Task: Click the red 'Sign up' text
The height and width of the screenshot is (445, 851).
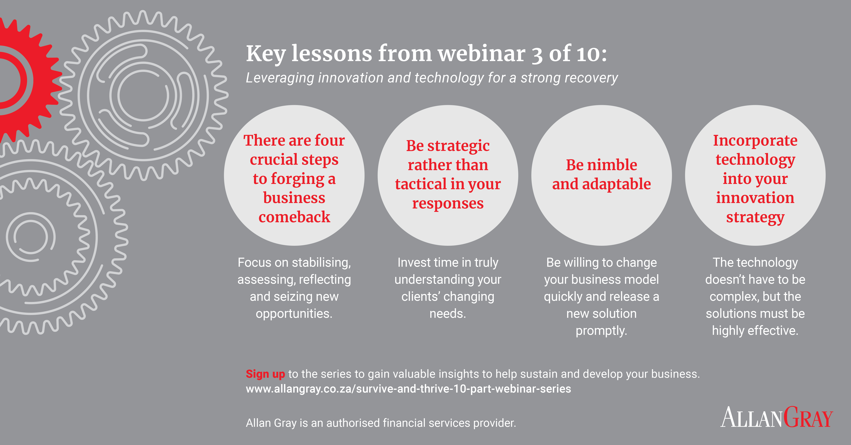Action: pos(265,374)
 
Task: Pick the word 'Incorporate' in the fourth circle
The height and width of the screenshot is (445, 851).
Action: pos(755,140)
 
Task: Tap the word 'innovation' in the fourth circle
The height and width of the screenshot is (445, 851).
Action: pos(755,198)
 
